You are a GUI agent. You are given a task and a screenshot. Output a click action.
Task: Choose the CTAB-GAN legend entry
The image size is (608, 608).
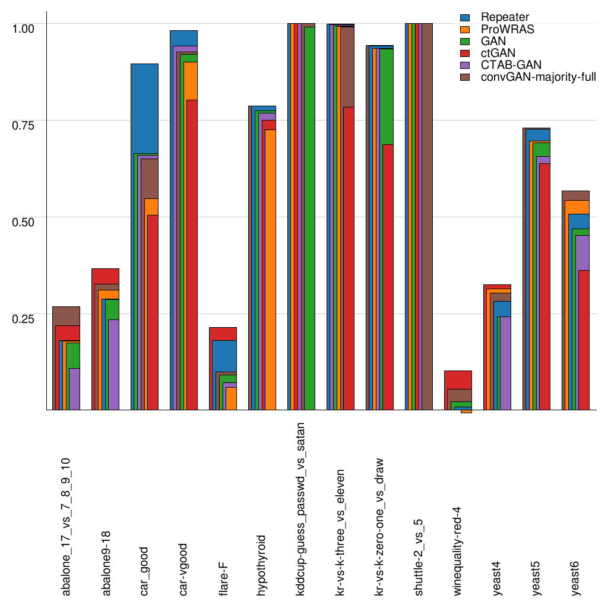[511, 64]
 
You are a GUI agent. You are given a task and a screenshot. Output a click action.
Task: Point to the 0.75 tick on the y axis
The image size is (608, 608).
[24, 125]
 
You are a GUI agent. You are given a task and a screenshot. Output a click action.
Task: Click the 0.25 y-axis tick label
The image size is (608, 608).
[24, 318]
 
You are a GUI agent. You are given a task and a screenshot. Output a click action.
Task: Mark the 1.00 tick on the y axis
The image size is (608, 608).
[24, 28]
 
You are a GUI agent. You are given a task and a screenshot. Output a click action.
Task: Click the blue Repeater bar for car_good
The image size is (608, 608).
[144, 107]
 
